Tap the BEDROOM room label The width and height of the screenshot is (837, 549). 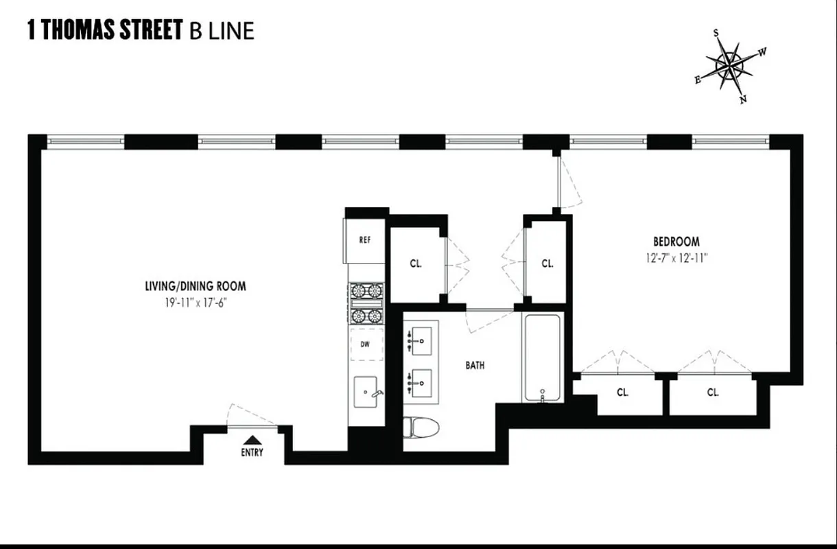click(676, 242)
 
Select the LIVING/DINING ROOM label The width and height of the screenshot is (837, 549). click(195, 286)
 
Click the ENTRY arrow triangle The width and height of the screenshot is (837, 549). click(252, 440)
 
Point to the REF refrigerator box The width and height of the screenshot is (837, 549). click(365, 240)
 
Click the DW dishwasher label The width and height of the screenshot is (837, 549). click(365, 344)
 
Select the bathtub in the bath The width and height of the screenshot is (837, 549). click(543, 357)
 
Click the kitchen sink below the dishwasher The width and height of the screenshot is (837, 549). click(366, 392)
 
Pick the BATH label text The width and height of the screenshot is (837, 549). click(475, 365)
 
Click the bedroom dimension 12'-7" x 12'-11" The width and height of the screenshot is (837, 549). click(676, 258)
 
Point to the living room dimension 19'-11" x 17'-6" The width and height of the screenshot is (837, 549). click(195, 301)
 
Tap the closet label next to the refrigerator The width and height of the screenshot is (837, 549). click(416, 263)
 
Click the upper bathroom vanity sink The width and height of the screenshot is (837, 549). click(420, 340)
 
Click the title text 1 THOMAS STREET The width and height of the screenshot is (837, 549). click(104, 30)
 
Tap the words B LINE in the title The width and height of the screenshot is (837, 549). click(221, 31)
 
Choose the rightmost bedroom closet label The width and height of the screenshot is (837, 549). click(713, 393)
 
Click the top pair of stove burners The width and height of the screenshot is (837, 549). click(366, 290)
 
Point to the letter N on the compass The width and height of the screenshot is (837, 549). click(743, 99)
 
